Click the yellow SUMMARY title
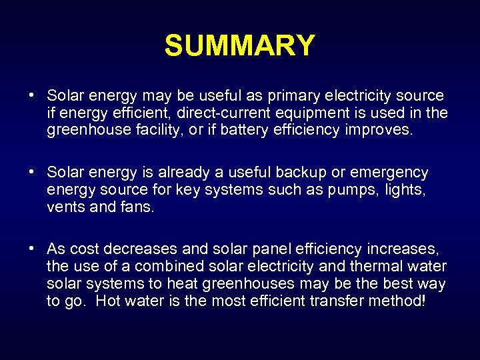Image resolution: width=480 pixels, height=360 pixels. pyautogui.click(x=239, y=46)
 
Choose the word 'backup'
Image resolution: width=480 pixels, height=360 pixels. pyautogui.click(x=303, y=173)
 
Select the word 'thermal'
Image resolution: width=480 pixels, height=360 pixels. pyautogui.click(x=377, y=267)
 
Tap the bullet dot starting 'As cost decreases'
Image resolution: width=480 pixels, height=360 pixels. pyautogui.click(x=32, y=249)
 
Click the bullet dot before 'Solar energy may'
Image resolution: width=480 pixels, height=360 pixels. pyautogui.click(x=32, y=95)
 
